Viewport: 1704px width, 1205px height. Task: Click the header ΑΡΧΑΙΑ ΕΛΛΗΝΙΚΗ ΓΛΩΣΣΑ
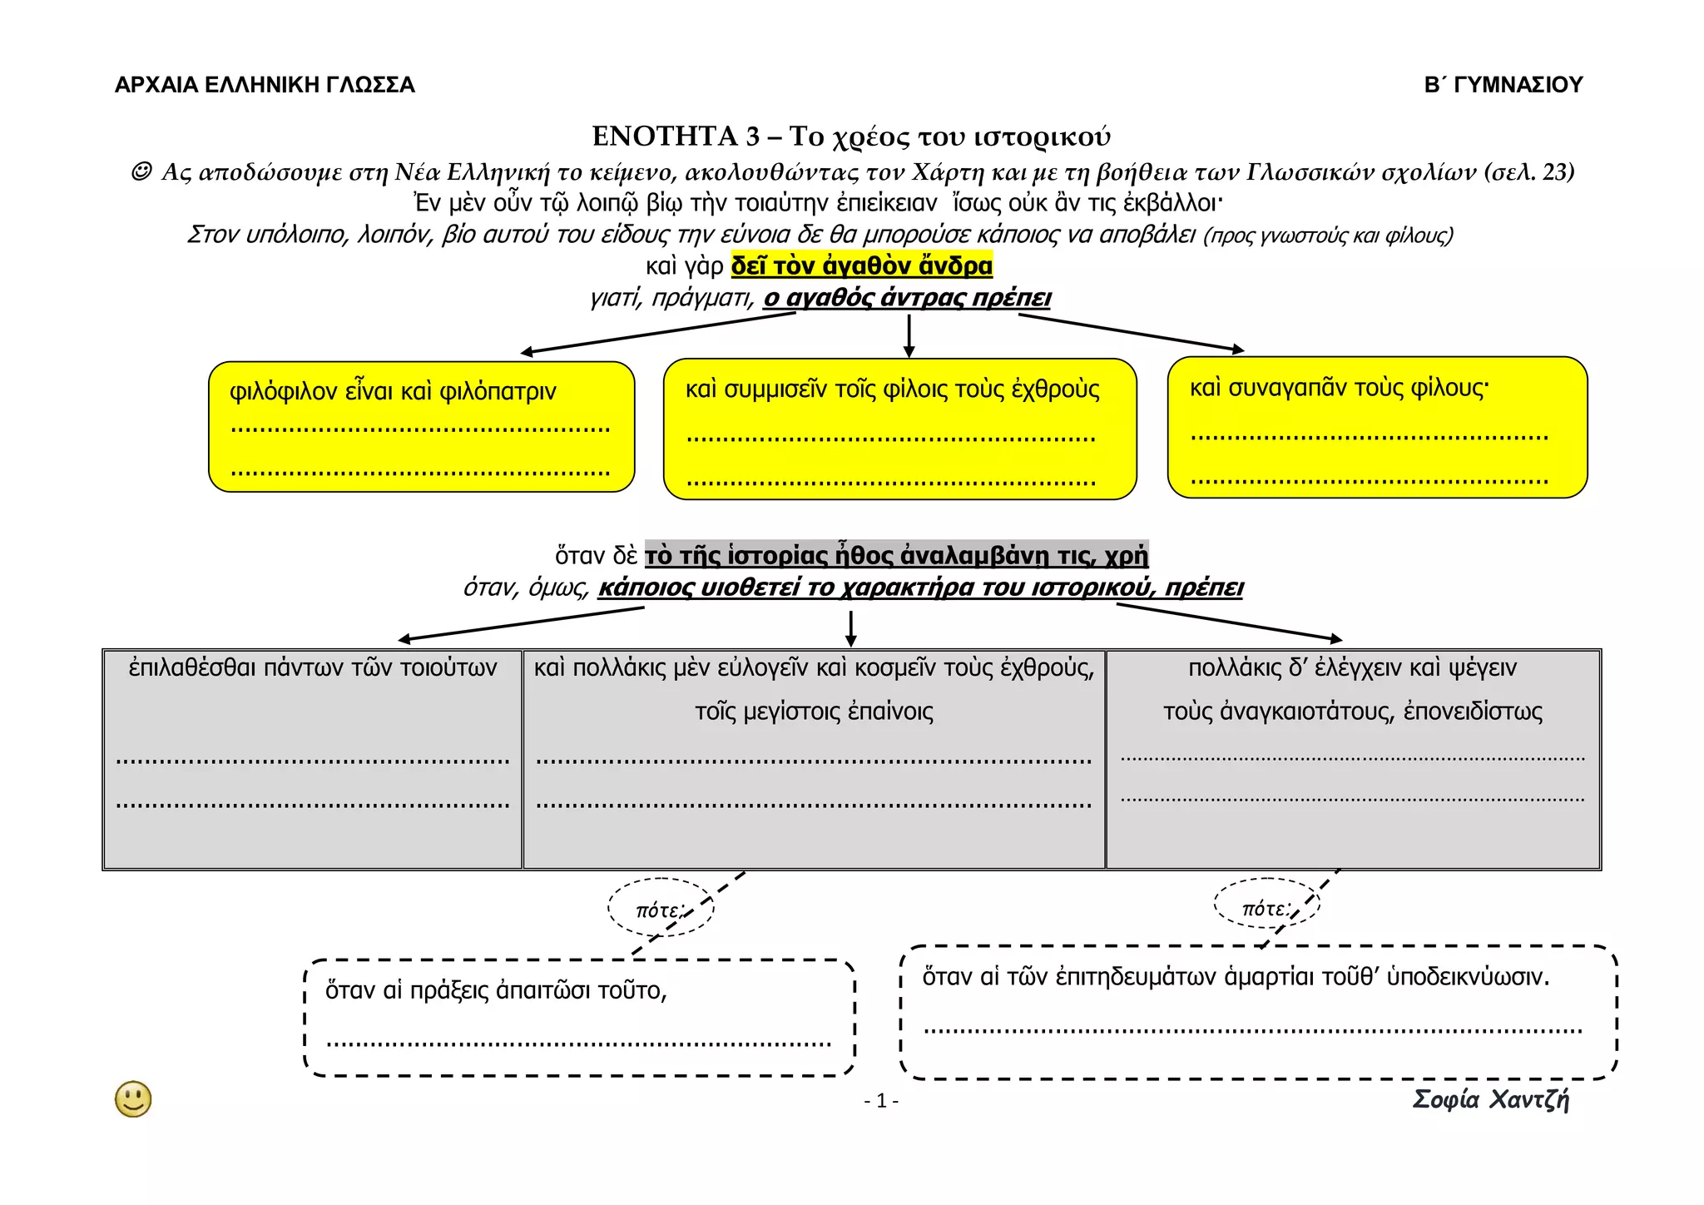(265, 85)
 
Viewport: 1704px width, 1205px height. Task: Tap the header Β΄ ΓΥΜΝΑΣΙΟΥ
(1503, 85)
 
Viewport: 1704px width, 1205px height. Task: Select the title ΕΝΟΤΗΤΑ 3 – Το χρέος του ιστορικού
(851, 136)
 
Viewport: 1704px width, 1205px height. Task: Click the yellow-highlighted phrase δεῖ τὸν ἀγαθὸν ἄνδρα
(861, 266)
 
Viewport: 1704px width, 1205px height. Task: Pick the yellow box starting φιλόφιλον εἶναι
(421, 427)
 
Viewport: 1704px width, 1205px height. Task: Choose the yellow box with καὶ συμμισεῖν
(899, 429)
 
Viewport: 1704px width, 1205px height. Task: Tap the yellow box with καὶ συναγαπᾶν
(1377, 428)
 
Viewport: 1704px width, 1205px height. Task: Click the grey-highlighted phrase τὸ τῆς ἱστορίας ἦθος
(896, 555)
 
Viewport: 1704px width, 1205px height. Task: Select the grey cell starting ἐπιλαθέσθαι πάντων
(313, 759)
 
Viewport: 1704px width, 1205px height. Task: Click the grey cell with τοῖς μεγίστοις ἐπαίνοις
(814, 759)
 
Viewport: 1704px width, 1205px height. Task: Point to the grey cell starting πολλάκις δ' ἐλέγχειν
(1353, 759)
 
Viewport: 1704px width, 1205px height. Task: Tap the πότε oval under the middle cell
(661, 909)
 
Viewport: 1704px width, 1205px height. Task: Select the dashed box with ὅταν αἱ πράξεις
(579, 1018)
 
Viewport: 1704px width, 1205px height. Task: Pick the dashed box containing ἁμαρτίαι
(1258, 1012)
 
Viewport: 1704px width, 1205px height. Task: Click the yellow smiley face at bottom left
(133, 1099)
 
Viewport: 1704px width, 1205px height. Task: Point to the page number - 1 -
(881, 1102)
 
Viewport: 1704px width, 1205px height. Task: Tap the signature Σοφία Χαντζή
(1490, 1100)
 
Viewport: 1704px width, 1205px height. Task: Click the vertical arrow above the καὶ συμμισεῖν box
(909, 335)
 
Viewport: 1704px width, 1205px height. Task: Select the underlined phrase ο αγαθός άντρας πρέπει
(907, 298)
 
